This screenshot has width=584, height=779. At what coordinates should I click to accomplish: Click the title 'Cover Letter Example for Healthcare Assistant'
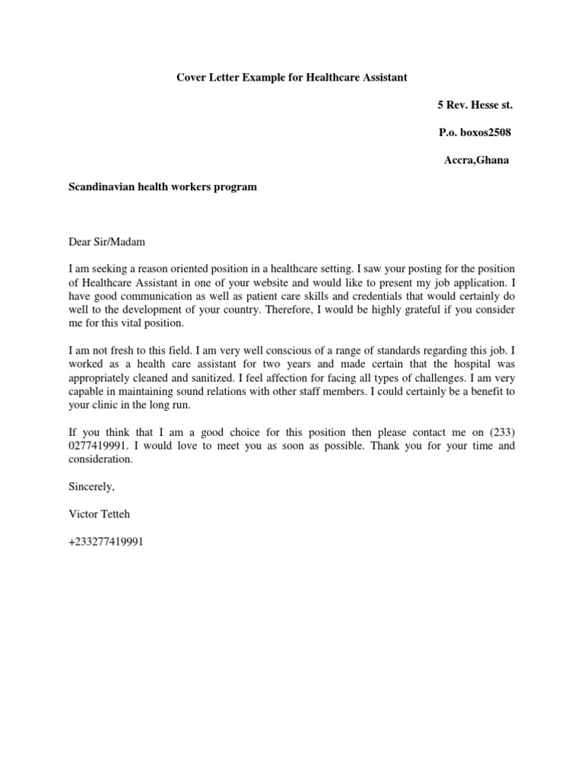coord(292,77)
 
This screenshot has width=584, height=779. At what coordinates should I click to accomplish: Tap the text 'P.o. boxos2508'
coord(475,132)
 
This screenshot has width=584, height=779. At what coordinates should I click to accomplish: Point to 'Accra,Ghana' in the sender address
coord(477,161)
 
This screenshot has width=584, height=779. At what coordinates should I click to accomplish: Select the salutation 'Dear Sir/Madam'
coord(106,242)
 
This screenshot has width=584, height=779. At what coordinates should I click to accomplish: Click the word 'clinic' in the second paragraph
coord(104,405)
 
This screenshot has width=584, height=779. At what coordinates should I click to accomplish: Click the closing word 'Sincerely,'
coord(91,487)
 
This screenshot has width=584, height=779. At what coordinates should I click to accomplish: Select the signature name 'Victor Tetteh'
coord(99,515)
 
